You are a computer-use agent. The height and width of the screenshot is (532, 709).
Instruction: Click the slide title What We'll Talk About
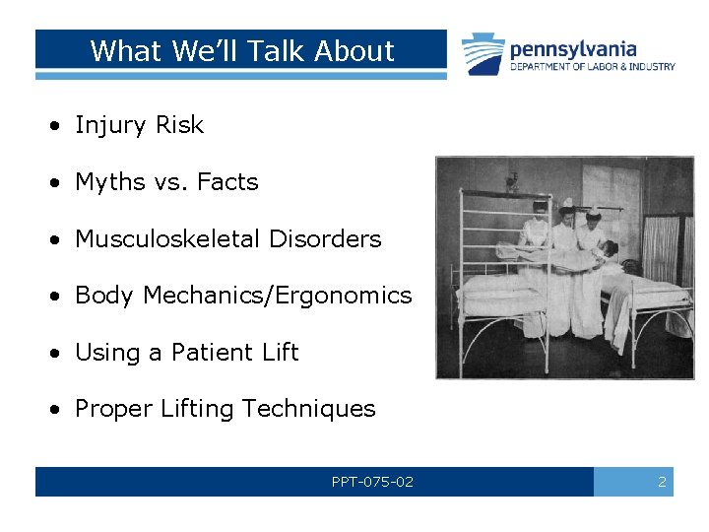(241, 50)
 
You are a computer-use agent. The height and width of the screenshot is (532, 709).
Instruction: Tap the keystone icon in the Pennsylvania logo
(483, 53)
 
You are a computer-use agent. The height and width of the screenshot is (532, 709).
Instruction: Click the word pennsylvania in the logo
(573, 48)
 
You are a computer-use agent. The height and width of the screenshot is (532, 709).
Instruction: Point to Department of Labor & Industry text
(592, 67)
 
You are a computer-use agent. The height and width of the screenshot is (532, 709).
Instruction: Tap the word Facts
(227, 182)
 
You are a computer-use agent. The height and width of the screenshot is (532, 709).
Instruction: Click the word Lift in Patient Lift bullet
(280, 353)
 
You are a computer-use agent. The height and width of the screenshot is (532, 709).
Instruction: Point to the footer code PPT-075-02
(372, 482)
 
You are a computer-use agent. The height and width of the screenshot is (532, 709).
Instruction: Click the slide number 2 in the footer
(662, 482)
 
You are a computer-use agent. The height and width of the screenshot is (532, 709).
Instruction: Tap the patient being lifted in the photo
(561, 253)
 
